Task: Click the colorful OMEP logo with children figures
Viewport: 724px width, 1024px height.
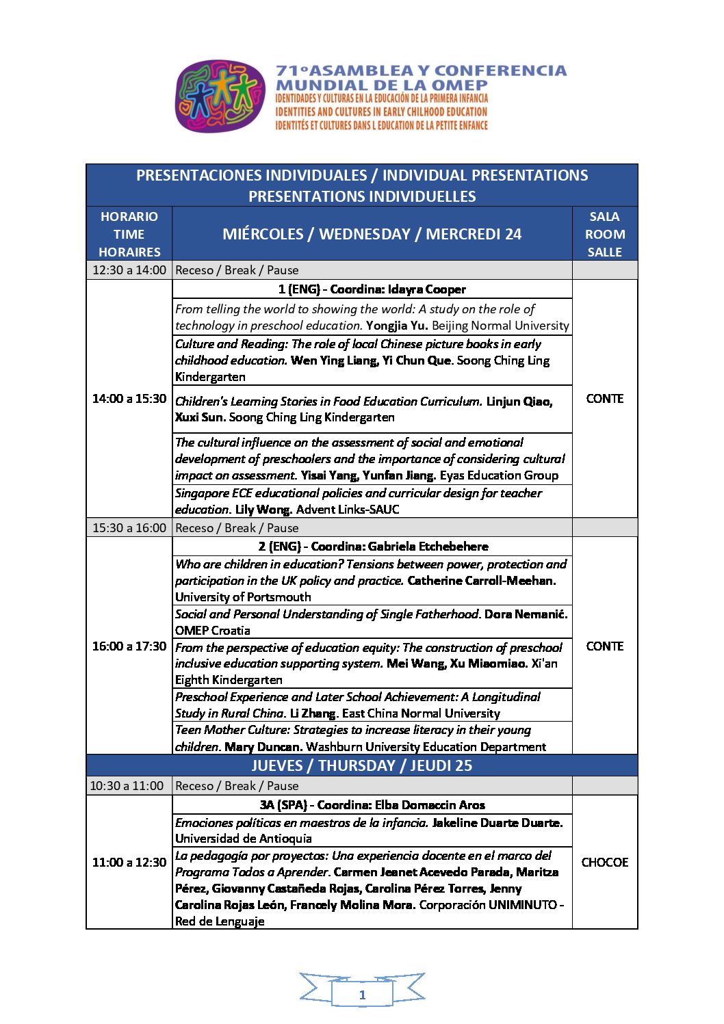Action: [220, 96]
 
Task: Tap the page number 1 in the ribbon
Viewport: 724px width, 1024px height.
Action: [362, 995]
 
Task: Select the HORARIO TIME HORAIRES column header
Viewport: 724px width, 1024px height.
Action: [129, 234]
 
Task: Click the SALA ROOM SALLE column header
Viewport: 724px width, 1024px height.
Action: [605, 234]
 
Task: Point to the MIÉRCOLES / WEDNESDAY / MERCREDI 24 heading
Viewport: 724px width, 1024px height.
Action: [372, 234]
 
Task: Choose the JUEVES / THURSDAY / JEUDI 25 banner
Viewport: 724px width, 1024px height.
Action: [361, 765]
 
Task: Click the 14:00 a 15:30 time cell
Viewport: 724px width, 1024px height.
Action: [129, 399]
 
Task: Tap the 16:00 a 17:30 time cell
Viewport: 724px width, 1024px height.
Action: [129, 646]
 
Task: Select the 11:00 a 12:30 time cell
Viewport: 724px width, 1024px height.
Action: [129, 863]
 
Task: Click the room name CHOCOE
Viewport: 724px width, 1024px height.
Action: [605, 863]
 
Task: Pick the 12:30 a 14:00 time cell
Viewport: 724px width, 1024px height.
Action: [129, 270]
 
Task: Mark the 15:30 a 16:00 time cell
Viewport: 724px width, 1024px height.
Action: [129, 528]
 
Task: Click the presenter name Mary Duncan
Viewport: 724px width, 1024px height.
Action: [263, 747]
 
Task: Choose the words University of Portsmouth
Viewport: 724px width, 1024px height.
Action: [243, 597]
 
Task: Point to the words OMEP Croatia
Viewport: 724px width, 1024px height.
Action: [213, 631]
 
